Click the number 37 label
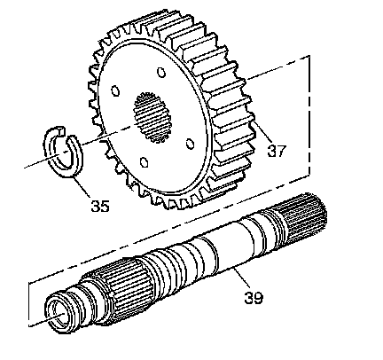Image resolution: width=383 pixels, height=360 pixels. [x=277, y=151]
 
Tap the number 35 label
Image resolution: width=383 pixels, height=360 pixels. [x=100, y=206]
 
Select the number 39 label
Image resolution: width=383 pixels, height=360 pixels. [x=254, y=298]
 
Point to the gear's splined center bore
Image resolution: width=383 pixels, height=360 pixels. [x=152, y=117]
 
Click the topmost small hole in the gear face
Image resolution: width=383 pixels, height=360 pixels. [x=160, y=72]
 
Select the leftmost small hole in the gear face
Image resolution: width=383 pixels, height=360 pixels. [x=115, y=91]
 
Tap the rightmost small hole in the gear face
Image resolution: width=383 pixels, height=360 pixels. [x=190, y=144]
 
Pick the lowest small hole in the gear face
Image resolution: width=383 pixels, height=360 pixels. [x=144, y=162]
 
